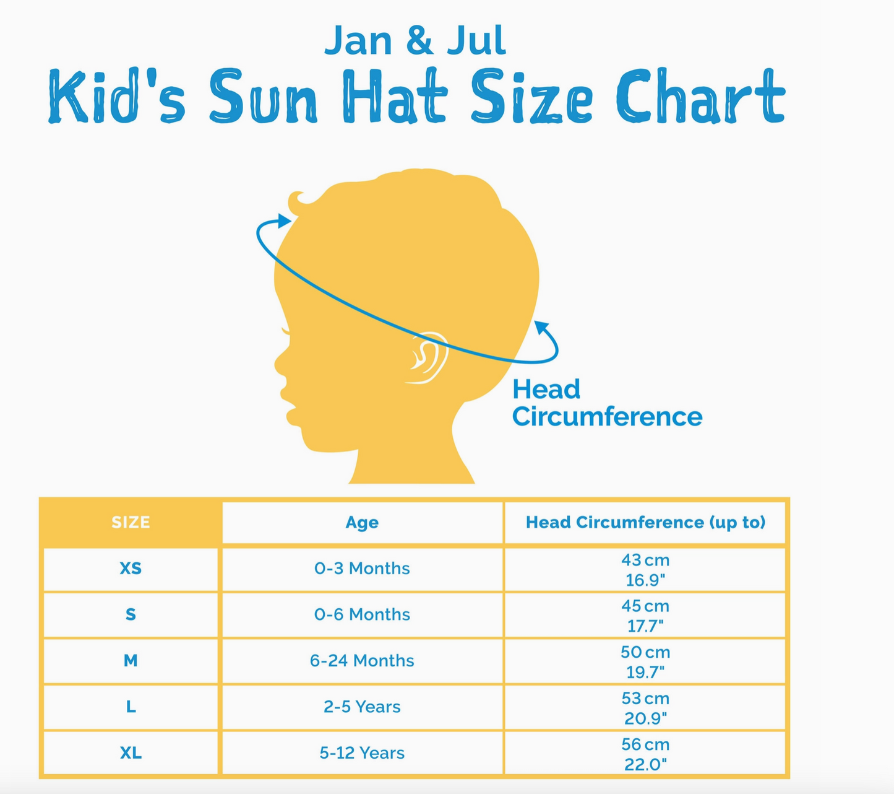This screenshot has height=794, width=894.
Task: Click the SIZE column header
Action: point(131,522)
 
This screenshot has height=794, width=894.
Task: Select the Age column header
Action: point(362,523)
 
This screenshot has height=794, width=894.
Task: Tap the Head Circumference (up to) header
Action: point(645,522)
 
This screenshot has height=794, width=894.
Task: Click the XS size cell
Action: point(131,568)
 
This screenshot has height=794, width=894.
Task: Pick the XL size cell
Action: point(131,753)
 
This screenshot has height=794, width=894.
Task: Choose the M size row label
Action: point(131,661)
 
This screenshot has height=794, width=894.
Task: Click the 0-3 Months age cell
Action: point(362,568)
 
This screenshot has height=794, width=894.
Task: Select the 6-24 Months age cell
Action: point(362,661)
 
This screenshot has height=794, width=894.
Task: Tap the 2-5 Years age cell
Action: point(362,707)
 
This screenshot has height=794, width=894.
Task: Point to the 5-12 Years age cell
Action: point(362,753)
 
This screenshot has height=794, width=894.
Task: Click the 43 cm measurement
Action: point(645,560)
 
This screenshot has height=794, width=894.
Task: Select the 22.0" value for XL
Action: point(645,764)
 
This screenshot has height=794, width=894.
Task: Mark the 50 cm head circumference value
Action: point(645,652)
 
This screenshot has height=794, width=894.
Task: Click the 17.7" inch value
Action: point(645,626)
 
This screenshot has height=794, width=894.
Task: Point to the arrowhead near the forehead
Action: point(284,221)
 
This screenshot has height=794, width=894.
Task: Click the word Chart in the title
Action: point(700,96)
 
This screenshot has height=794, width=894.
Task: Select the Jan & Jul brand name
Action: point(415,40)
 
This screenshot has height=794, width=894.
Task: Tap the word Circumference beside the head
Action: point(607,417)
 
